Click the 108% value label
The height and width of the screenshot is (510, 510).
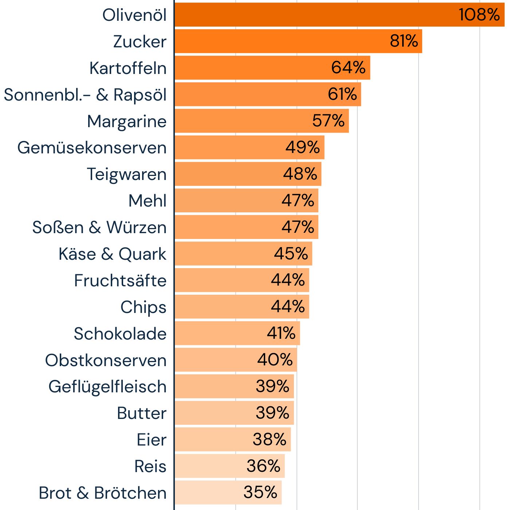click(x=479, y=15)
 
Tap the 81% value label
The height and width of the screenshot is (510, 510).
click(x=404, y=41)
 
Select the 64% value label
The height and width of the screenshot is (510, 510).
click(x=348, y=68)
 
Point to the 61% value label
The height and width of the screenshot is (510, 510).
click(x=342, y=94)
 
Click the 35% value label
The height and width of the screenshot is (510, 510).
click(x=260, y=493)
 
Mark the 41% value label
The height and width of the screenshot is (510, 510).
click(x=281, y=333)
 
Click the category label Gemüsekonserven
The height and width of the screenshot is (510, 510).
click(x=92, y=148)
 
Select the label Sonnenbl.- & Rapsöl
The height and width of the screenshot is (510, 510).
click(x=85, y=95)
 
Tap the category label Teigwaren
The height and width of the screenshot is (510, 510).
click(x=126, y=174)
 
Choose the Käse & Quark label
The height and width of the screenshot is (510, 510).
click(x=112, y=254)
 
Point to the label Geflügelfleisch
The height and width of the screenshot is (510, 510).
click(x=107, y=387)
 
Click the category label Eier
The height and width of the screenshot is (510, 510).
click(x=151, y=440)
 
